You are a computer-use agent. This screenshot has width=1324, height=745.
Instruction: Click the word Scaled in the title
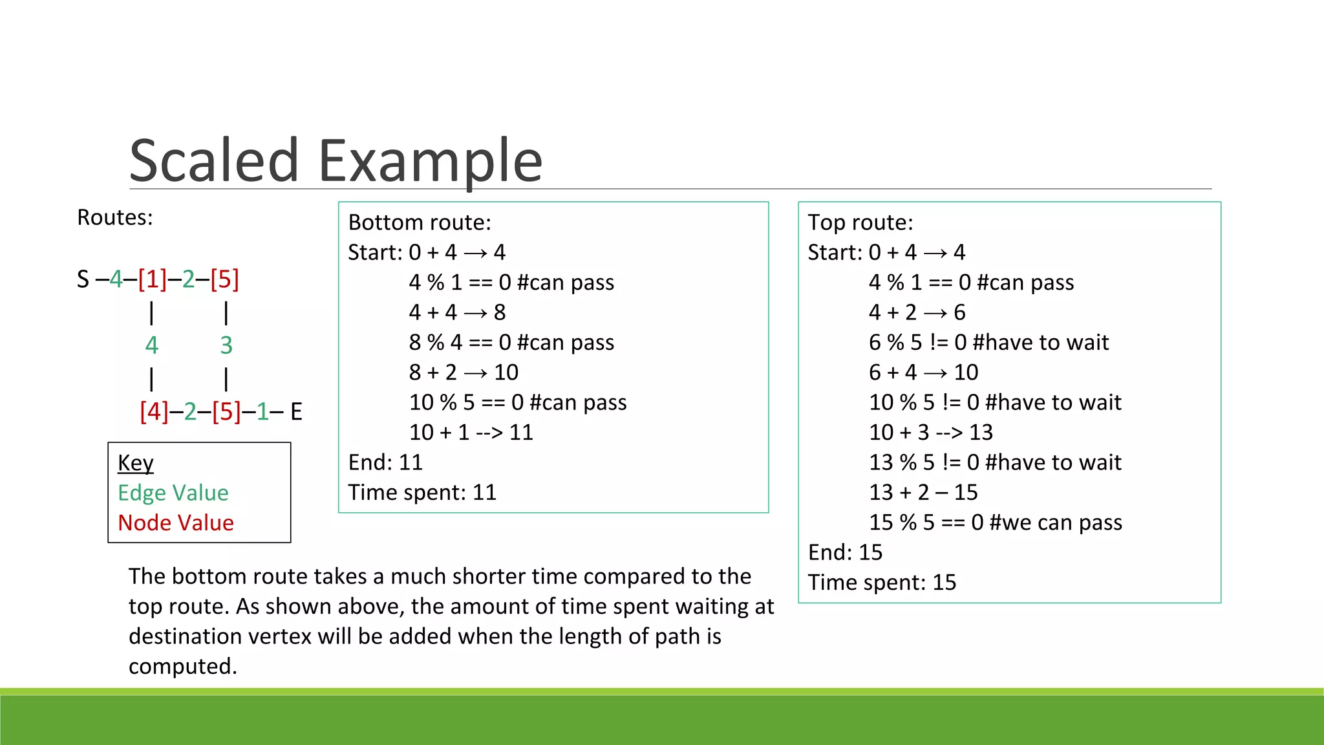[x=214, y=160]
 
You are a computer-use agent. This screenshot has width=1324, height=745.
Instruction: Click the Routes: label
[x=114, y=217]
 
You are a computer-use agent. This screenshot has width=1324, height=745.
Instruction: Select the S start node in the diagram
[x=83, y=279]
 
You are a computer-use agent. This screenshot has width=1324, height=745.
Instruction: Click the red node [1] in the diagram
[x=152, y=279]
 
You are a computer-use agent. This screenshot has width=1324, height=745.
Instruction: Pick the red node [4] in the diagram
[x=154, y=411]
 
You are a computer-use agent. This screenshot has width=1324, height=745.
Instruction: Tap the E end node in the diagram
[x=296, y=411]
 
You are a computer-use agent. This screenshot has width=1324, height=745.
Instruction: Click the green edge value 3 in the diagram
[x=226, y=345]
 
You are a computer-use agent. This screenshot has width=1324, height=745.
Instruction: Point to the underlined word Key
[x=135, y=463]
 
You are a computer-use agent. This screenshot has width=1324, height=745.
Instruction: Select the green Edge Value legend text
[x=173, y=493]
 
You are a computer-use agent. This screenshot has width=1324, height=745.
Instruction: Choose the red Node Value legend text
[x=175, y=523]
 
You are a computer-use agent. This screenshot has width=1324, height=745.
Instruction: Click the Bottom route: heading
[x=419, y=222]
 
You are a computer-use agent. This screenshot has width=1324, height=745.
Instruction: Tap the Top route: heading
[x=860, y=222]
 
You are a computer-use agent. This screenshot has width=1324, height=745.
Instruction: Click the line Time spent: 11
[x=422, y=493]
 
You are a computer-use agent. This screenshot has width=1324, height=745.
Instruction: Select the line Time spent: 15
[x=882, y=583]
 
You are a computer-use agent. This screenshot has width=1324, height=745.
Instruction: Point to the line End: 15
[x=845, y=552]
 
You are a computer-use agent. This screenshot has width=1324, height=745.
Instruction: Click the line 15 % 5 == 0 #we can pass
[x=995, y=523]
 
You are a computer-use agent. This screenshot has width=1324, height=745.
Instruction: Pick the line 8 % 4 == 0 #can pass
[x=511, y=342]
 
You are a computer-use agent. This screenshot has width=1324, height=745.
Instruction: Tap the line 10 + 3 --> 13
[x=930, y=432]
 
